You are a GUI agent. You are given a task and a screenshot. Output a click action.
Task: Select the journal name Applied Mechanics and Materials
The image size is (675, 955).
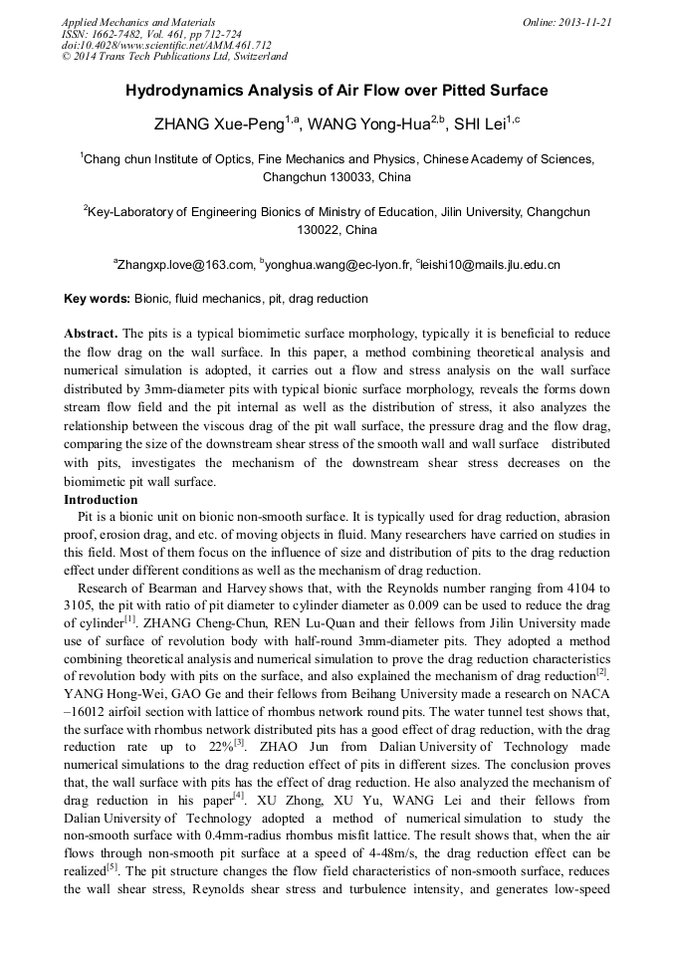click(x=137, y=22)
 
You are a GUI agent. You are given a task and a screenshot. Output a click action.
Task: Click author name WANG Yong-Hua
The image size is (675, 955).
click(x=367, y=125)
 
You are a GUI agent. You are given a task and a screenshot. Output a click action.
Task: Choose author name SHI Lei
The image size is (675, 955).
click(x=479, y=125)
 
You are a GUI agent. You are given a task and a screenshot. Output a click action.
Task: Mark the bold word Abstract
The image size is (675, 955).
click(x=91, y=334)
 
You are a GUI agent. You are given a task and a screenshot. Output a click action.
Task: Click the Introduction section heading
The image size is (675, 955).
click(x=101, y=500)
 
